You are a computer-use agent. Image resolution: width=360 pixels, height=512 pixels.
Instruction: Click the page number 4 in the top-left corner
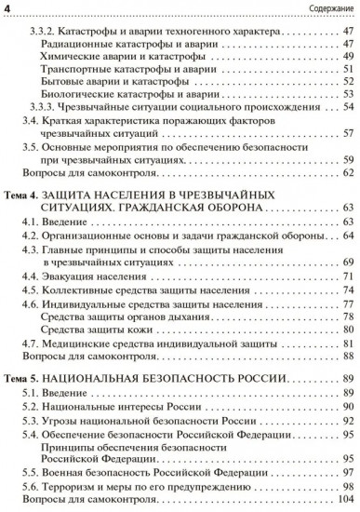(x=7, y=8)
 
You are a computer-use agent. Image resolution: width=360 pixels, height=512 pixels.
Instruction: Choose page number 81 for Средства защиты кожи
(x=347, y=329)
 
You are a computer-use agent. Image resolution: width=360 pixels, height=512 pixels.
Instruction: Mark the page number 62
(x=347, y=172)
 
